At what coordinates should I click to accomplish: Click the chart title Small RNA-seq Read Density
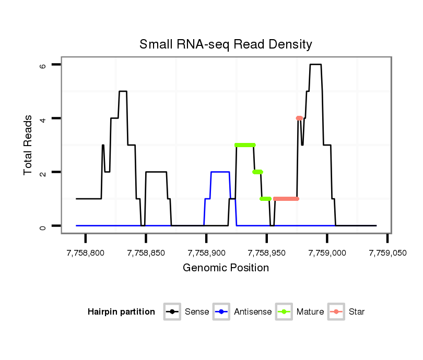(x=226, y=44)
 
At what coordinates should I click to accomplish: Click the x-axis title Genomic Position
(x=226, y=268)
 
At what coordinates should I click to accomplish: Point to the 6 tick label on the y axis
(x=43, y=65)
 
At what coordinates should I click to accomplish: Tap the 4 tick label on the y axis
(x=43, y=118)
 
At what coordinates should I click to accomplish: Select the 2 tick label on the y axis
(x=43, y=172)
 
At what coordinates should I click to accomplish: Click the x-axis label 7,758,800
(x=86, y=253)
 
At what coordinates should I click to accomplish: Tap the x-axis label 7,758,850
(x=146, y=253)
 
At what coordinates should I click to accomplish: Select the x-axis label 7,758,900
(x=206, y=253)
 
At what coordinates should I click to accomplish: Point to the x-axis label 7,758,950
(x=267, y=253)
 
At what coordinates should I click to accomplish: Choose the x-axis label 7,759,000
(x=327, y=253)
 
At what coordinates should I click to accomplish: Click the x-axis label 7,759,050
(x=387, y=253)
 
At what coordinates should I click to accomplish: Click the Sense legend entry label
(x=197, y=312)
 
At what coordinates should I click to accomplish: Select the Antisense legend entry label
(x=253, y=312)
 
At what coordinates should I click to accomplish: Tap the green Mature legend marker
(x=284, y=312)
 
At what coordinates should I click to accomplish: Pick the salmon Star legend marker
(x=336, y=312)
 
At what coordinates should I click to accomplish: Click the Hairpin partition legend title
(x=121, y=312)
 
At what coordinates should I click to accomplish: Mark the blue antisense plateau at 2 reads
(x=220, y=172)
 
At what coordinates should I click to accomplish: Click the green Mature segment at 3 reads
(x=245, y=145)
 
